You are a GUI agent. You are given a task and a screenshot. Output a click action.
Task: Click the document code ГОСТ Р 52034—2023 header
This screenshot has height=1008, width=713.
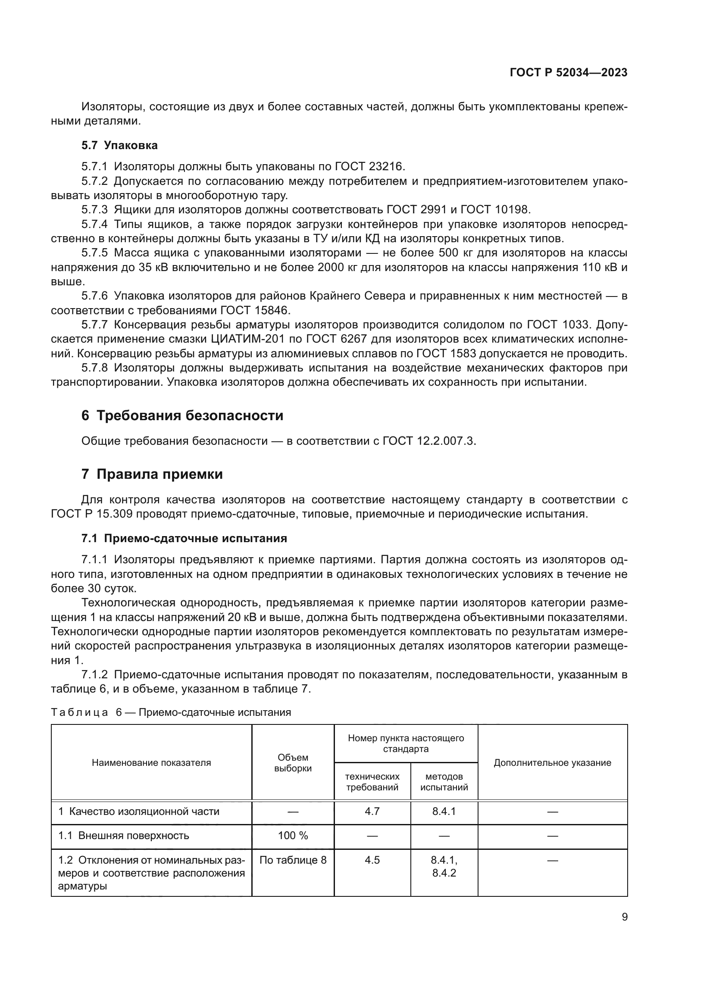[x=569, y=73]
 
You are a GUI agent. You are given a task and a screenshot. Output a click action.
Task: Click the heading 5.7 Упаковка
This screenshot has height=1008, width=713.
[x=119, y=145]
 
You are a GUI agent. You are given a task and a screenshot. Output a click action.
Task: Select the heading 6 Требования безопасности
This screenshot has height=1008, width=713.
[x=182, y=415]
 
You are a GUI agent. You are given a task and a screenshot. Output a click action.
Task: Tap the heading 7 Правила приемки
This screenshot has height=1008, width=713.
[x=152, y=474]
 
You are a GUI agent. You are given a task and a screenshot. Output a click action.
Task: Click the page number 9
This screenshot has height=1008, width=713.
[x=625, y=917]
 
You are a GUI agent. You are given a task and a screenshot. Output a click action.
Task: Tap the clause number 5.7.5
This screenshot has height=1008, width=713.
[x=94, y=253]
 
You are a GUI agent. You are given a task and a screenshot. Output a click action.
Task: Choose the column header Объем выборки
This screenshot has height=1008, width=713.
[x=293, y=763]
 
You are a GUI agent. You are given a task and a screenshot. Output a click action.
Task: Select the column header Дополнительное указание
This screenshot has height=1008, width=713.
[x=552, y=763]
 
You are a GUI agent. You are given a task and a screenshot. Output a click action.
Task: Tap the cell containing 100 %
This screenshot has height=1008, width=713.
[x=293, y=836]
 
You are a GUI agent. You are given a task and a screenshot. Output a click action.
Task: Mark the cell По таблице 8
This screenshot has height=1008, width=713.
[x=293, y=860]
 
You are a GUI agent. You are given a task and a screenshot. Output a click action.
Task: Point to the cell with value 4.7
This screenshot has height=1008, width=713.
[x=372, y=811]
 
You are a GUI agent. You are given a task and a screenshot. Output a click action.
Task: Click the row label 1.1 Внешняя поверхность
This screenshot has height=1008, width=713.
[x=123, y=836]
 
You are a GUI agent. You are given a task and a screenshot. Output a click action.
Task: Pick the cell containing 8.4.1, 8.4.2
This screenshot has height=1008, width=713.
[x=444, y=866]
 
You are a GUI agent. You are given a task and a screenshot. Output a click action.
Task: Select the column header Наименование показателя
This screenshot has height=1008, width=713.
[x=151, y=763]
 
